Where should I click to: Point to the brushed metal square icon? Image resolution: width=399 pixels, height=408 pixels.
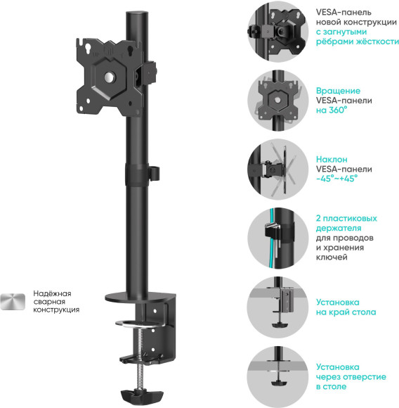(x=13, y=302)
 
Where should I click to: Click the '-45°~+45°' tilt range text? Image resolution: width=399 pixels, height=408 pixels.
(x=337, y=179)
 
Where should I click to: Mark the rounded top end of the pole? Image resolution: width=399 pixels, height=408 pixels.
(x=132, y=13)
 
